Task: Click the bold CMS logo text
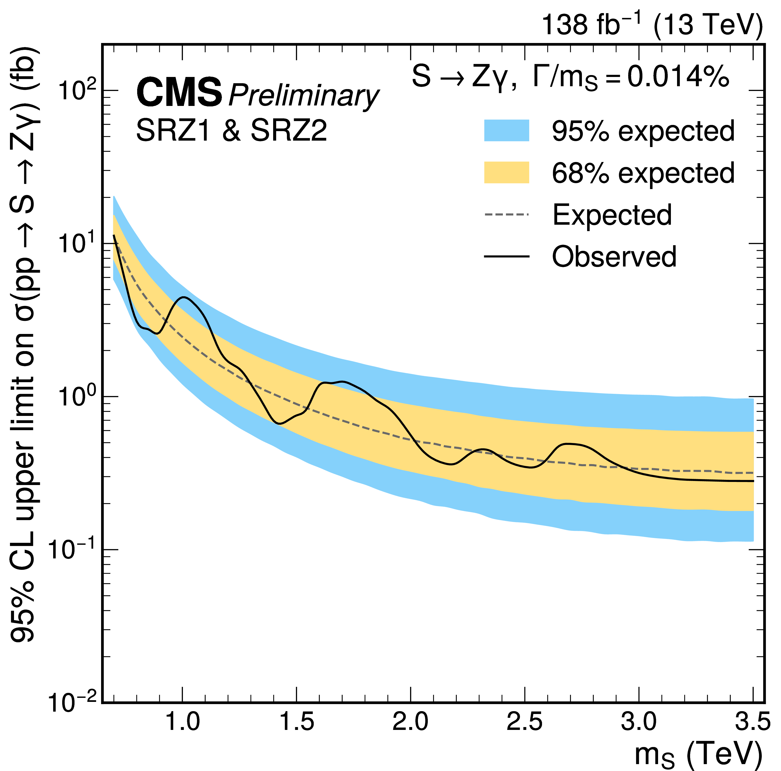179,93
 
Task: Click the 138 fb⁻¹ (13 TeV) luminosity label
652,24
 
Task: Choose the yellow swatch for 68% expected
506,172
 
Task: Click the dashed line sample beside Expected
506,214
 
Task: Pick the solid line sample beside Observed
506,257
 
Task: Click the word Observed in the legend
614,257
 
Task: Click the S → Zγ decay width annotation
570,77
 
